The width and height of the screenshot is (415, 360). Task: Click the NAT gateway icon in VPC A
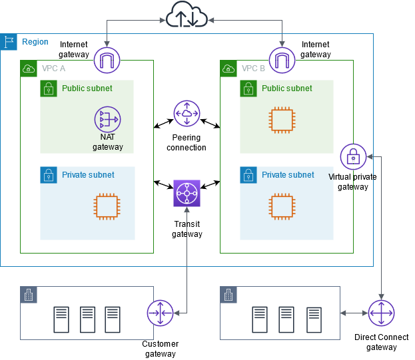107,120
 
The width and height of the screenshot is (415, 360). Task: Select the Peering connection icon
187,114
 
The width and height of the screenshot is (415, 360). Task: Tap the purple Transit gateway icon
187,194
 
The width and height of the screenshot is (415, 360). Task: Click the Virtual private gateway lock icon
353,157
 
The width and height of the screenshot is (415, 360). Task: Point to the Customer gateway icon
160,313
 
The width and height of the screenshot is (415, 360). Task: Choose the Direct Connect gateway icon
381,313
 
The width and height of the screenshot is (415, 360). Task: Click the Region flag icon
9,42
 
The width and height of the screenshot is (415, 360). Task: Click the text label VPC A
53,69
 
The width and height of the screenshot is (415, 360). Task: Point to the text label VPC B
253,69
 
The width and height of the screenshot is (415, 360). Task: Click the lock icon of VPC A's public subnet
49,89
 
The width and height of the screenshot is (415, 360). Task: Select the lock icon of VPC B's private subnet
248,175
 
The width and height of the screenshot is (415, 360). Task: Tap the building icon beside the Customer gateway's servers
29,295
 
